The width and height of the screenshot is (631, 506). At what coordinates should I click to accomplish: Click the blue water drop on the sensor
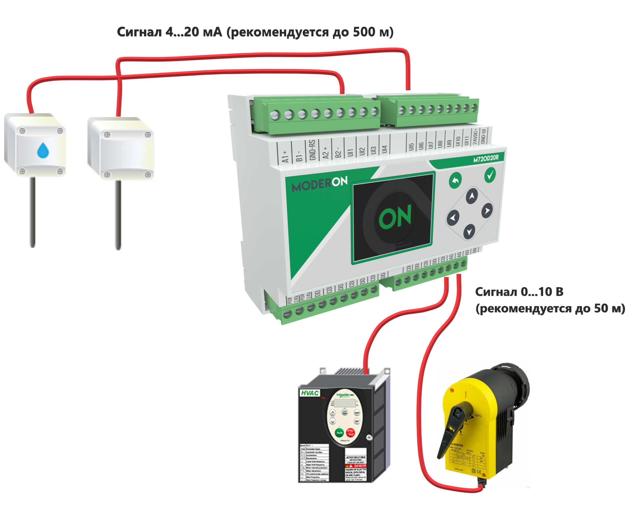(43, 150)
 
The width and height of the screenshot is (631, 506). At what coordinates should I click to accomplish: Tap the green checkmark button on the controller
(490, 175)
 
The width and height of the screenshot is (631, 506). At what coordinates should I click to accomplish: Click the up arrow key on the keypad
(471, 196)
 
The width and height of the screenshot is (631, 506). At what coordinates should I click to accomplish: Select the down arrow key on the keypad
(469, 231)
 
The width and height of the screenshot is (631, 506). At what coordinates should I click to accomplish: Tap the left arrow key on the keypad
(453, 218)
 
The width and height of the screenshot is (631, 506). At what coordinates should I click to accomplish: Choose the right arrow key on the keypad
(487, 211)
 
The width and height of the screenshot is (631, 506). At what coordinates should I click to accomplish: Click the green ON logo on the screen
(395, 217)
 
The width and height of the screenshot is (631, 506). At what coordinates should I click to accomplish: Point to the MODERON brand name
(320, 184)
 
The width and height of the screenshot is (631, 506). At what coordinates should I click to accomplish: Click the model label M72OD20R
(486, 158)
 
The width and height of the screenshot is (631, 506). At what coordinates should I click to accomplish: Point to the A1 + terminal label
(285, 156)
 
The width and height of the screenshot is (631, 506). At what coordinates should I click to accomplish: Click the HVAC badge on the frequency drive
(310, 393)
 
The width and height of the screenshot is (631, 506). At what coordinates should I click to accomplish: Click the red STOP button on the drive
(350, 432)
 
